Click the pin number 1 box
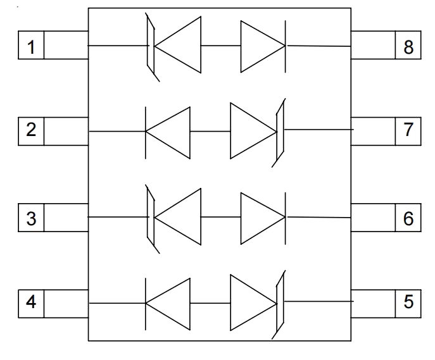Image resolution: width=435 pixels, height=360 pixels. click(31, 47)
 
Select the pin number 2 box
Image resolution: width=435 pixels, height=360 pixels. click(31, 132)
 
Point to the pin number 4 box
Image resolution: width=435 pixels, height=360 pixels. click(31, 302)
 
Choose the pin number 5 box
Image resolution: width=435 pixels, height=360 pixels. click(407, 302)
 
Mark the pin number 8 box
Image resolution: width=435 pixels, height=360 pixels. click(407, 47)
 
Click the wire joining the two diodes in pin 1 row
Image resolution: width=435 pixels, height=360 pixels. click(220, 46)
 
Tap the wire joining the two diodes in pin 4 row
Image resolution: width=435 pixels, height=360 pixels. click(210, 303)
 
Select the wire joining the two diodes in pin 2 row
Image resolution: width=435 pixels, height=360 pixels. click(210, 132)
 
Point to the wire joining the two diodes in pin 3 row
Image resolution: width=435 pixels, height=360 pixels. click(220, 217)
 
